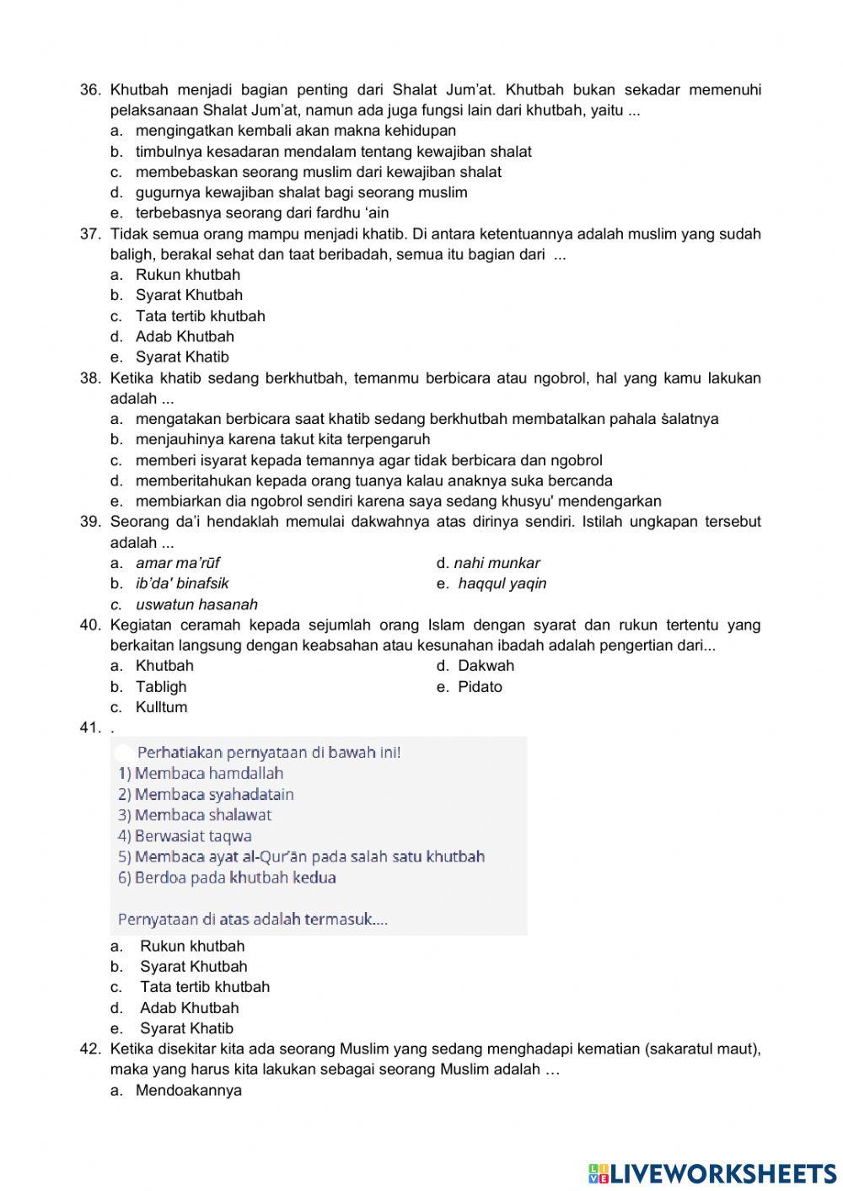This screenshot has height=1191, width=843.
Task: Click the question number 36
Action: pyautogui.click(x=90, y=90)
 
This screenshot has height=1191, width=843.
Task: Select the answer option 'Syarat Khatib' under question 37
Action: pyautogui.click(x=182, y=357)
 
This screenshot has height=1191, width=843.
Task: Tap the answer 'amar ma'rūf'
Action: pyautogui.click(x=178, y=563)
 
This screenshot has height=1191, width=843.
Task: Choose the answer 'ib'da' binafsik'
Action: pyautogui.click(x=182, y=583)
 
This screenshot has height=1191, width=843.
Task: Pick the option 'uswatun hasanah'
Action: pyautogui.click(x=196, y=604)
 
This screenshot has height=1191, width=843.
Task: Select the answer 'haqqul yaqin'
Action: pyautogui.click(x=502, y=583)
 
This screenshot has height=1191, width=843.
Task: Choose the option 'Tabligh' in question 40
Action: pyautogui.click(x=161, y=687)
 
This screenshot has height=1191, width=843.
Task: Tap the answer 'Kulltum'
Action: pyautogui.click(x=161, y=707)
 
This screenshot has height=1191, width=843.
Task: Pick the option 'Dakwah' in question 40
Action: pyautogui.click(x=486, y=666)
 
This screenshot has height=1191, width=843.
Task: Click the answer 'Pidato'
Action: pyautogui.click(x=480, y=687)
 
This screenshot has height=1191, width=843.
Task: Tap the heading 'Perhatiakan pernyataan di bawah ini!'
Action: pyautogui.click(x=268, y=752)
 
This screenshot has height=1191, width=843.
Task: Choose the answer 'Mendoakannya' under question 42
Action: pyautogui.click(x=188, y=1091)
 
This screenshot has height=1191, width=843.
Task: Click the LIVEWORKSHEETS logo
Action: pyautogui.click(x=711, y=1173)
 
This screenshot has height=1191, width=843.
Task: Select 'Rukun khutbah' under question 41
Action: pyautogui.click(x=192, y=947)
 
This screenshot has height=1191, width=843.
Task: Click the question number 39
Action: pyautogui.click(x=90, y=522)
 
